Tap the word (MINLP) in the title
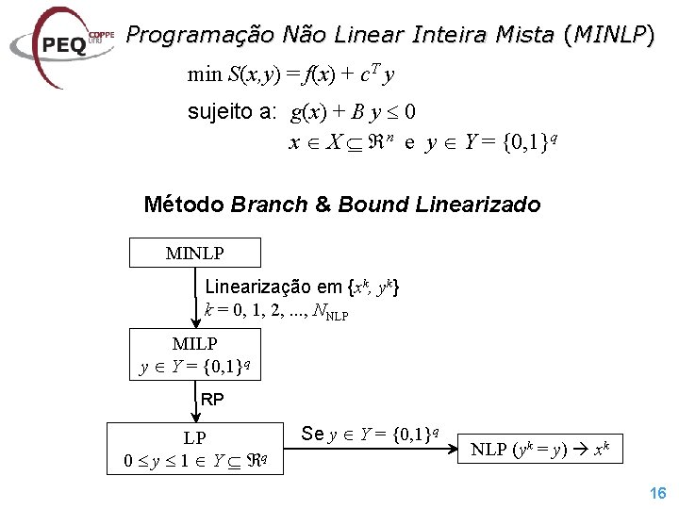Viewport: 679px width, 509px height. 607,36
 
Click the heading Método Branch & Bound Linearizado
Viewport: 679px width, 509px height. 341,205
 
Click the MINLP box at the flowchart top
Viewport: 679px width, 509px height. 195,253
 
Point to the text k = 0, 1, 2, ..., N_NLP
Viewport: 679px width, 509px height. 275,310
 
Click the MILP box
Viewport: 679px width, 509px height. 195,354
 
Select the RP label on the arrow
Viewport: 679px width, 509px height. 212,400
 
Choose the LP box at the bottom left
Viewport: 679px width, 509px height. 195,450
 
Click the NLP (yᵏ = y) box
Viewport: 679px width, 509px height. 546,450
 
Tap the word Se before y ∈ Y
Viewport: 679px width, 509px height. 313,434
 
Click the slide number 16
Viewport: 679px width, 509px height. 657,493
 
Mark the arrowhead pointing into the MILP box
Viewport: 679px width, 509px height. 195,322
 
